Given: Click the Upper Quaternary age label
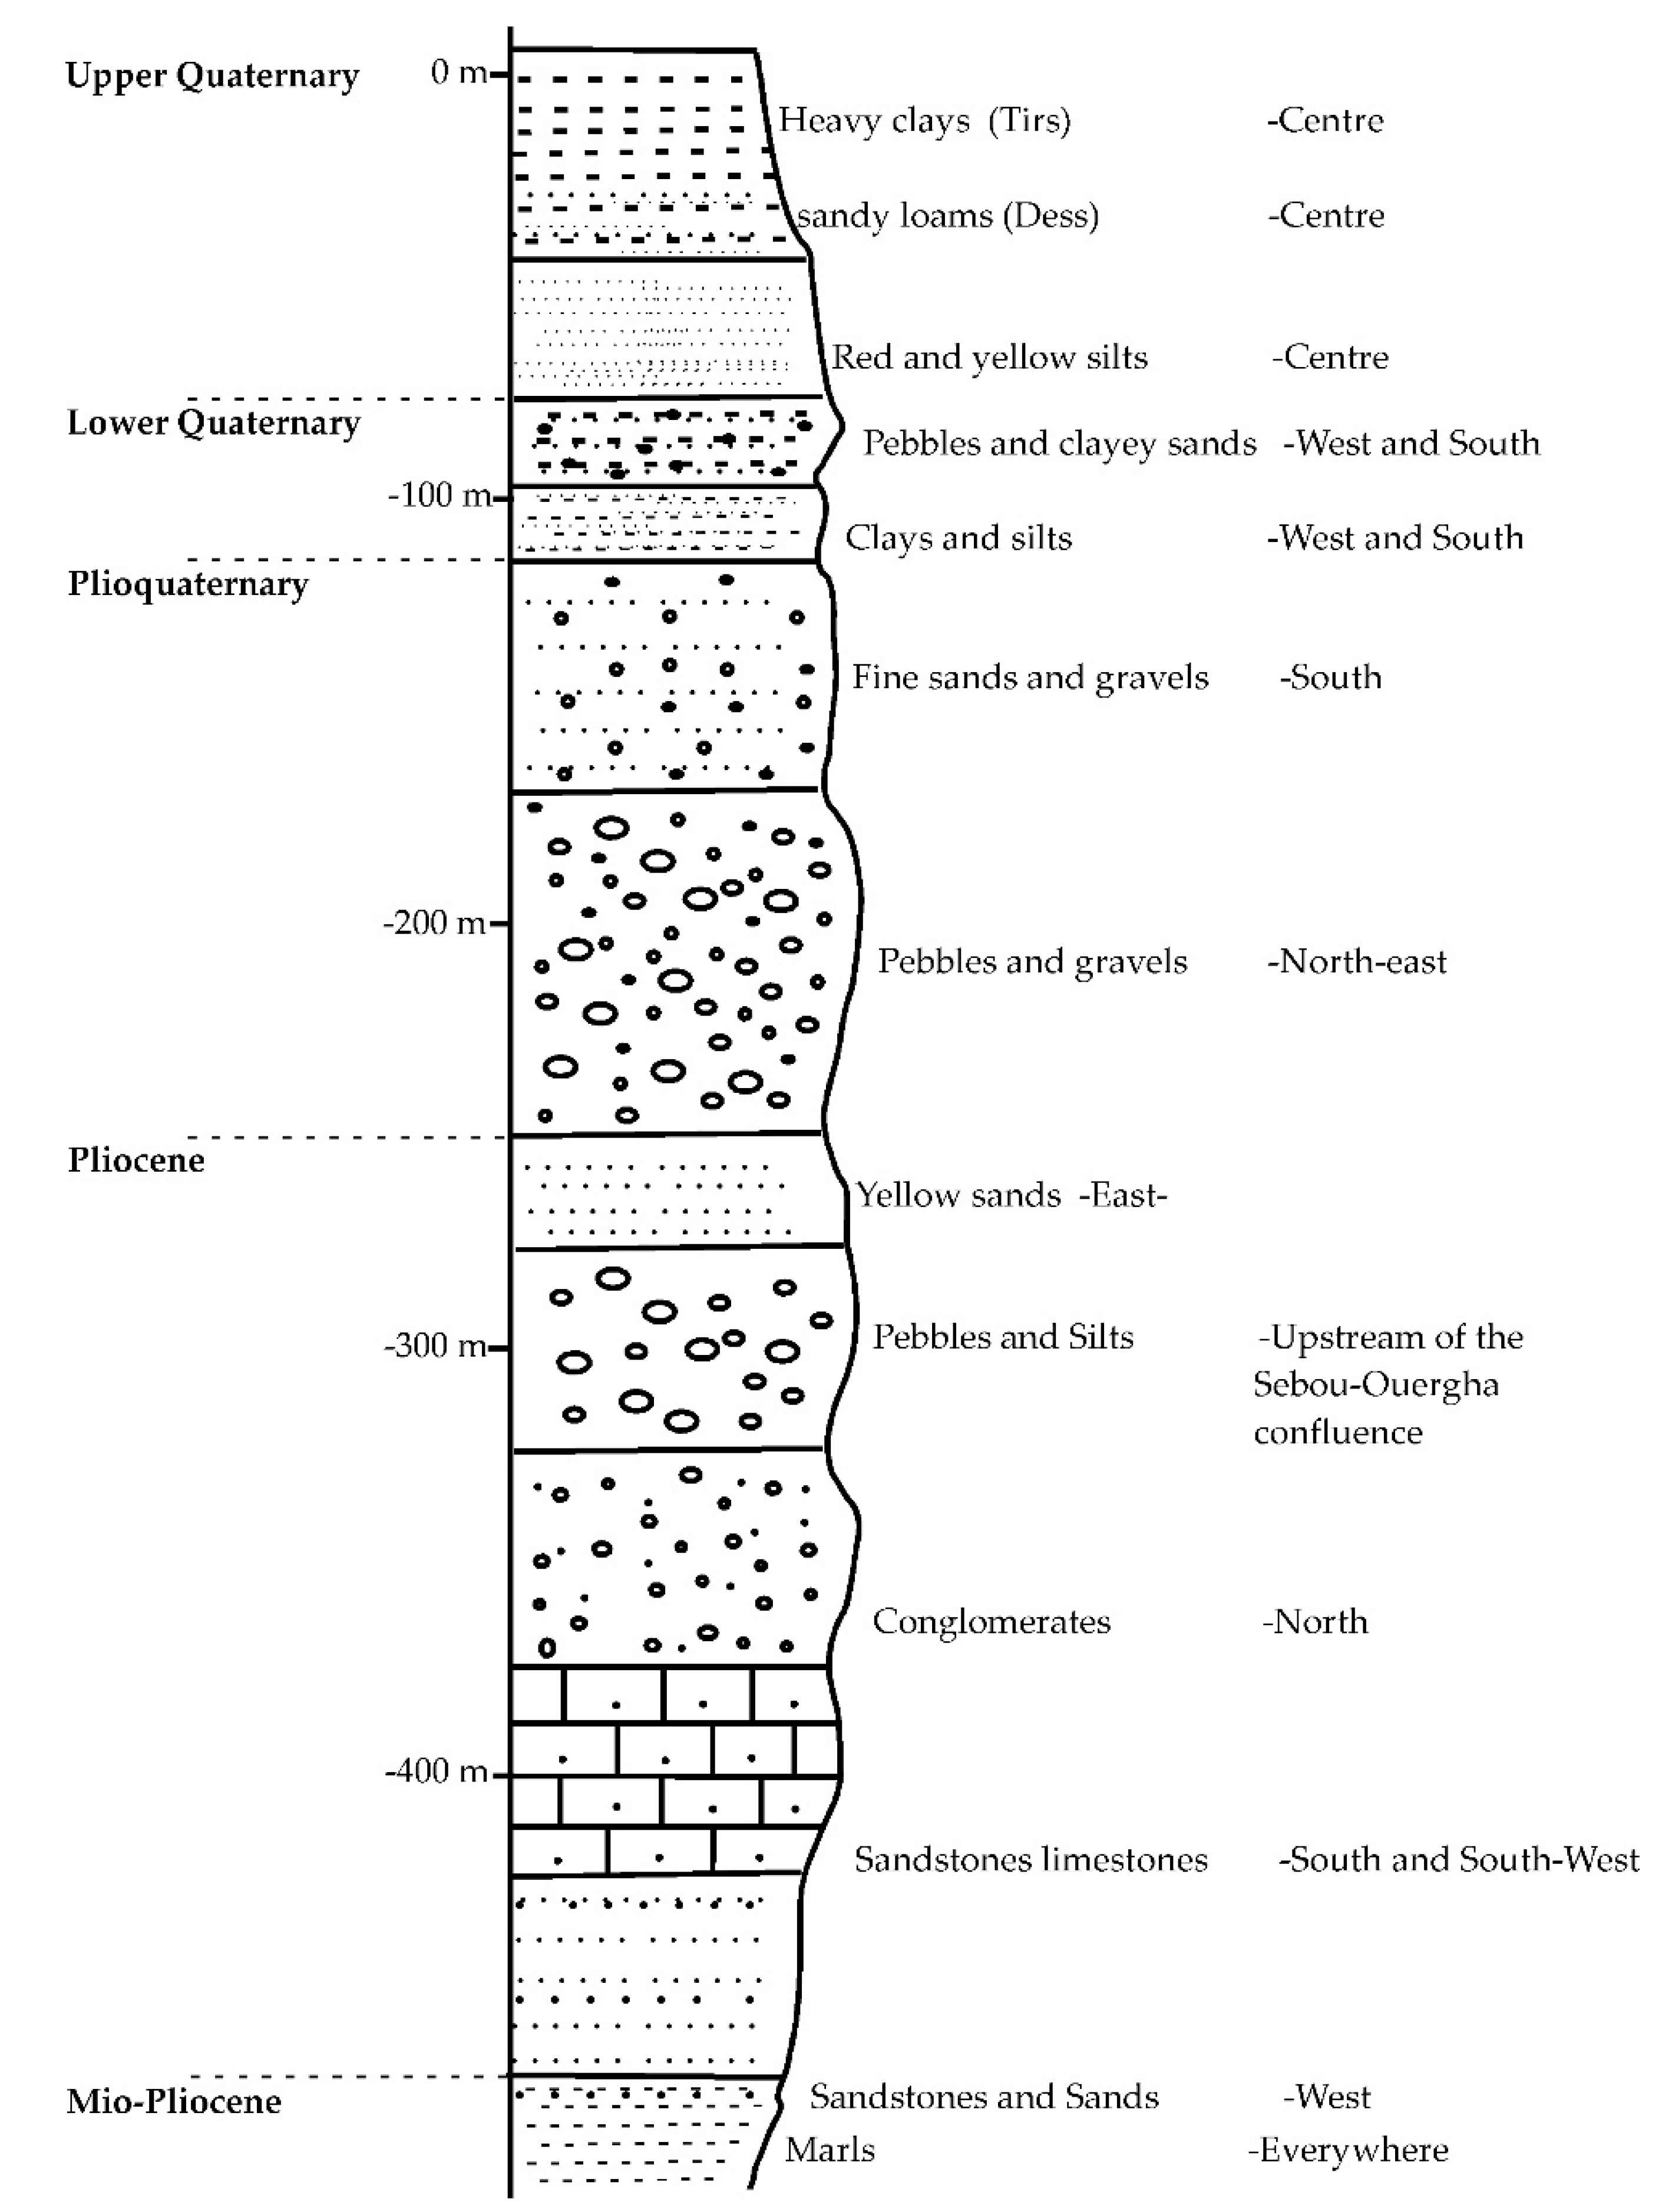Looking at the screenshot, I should click(212, 76).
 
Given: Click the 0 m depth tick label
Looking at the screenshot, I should click(458, 73).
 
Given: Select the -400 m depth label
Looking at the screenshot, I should click(436, 1771).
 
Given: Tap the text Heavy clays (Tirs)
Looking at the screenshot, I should click(924, 121).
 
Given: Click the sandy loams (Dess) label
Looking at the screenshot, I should click(947, 216).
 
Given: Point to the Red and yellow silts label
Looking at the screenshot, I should click(989, 357).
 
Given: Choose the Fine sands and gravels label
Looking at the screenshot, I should click(1029, 678).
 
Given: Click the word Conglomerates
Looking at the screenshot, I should click(991, 1622).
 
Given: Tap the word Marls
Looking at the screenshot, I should click(830, 2150).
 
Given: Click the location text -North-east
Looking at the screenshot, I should click(1356, 962).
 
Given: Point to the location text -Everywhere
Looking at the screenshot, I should click(1348, 2150).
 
